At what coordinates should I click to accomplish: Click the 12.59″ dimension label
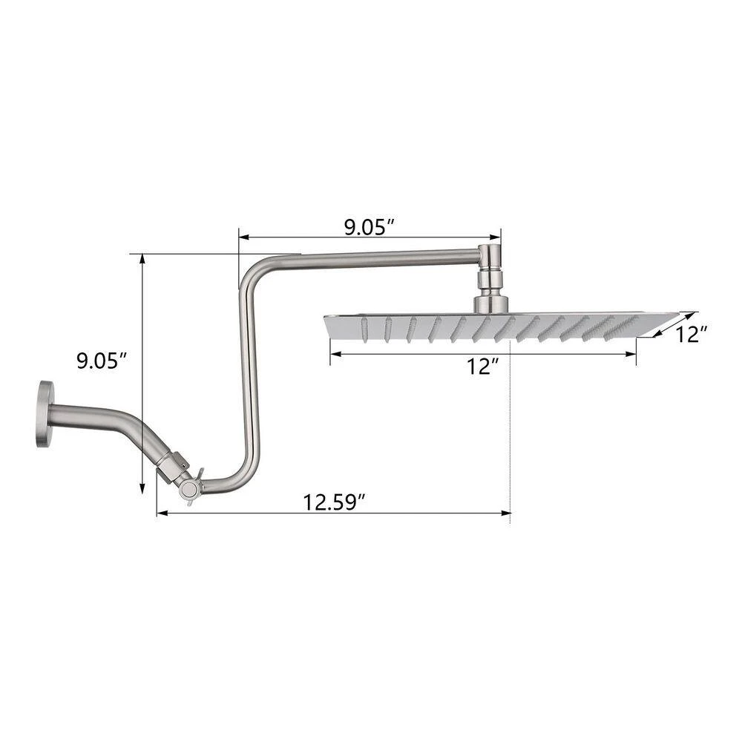[x=335, y=502]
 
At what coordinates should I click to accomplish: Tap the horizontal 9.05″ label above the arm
[x=369, y=228]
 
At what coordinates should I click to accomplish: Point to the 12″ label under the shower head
[x=482, y=367]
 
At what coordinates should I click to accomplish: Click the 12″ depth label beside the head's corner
[x=691, y=335]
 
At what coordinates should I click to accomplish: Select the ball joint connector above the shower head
[x=491, y=279]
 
